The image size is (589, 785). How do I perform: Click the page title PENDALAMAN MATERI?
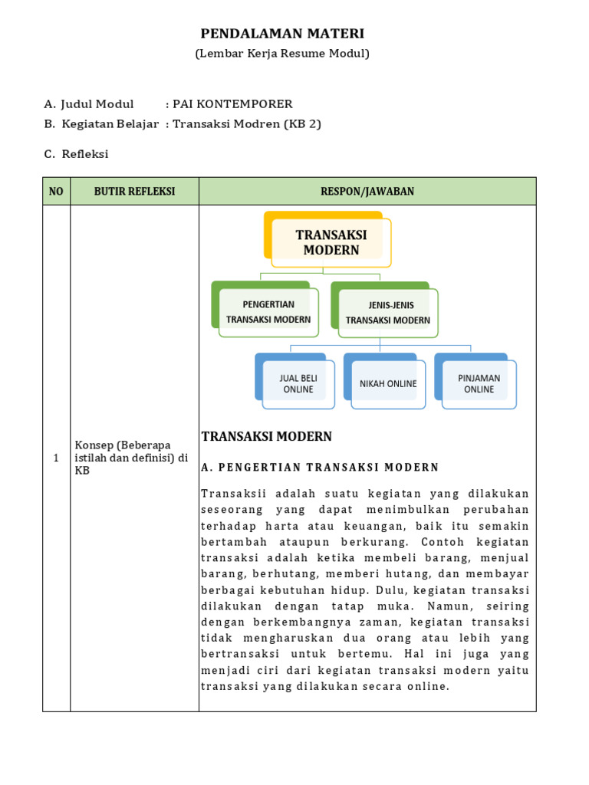pyautogui.click(x=282, y=33)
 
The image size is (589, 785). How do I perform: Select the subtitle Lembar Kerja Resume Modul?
pyautogui.click(x=282, y=54)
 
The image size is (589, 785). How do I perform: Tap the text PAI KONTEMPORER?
pyautogui.click(x=232, y=104)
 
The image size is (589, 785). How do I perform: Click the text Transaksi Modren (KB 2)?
pyautogui.click(x=247, y=124)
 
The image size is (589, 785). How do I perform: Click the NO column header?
pyautogui.click(x=56, y=191)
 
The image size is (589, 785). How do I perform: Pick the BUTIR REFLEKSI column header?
pyautogui.click(x=134, y=191)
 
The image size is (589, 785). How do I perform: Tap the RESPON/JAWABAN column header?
pyautogui.click(x=367, y=191)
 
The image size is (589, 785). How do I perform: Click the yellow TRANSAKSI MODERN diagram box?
pyautogui.click(x=331, y=241)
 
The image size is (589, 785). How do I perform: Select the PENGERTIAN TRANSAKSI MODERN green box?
pyautogui.click(x=268, y=312)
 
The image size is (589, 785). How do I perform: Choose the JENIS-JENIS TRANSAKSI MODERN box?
pyautogui.click(x=388, y=312)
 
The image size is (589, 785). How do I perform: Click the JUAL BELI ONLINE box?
pyautogui.click(x=298, y=383)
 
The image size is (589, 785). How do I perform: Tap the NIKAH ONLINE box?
pyautogui.click(x=388, y=383)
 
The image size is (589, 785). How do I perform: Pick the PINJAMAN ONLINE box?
pyautogui.click(x=479, y=383)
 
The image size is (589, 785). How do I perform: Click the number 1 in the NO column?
pyautogui.click(x=56, y=458)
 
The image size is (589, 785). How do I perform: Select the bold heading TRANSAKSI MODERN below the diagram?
pyautogui.click(x=266, y=436)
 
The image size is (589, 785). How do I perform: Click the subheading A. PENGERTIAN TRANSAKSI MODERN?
pyautogui.click(x=320, y=467)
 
